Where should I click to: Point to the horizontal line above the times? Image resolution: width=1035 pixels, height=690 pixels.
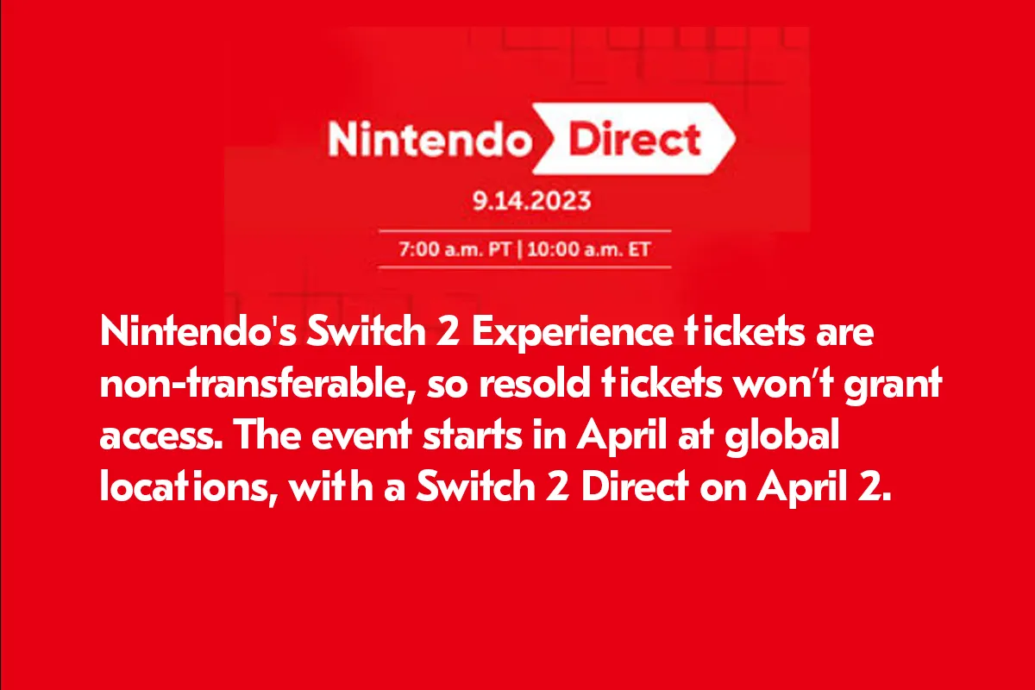(x=524, y=232)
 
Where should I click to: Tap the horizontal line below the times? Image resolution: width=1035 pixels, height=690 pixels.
(x=524, y=267)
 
